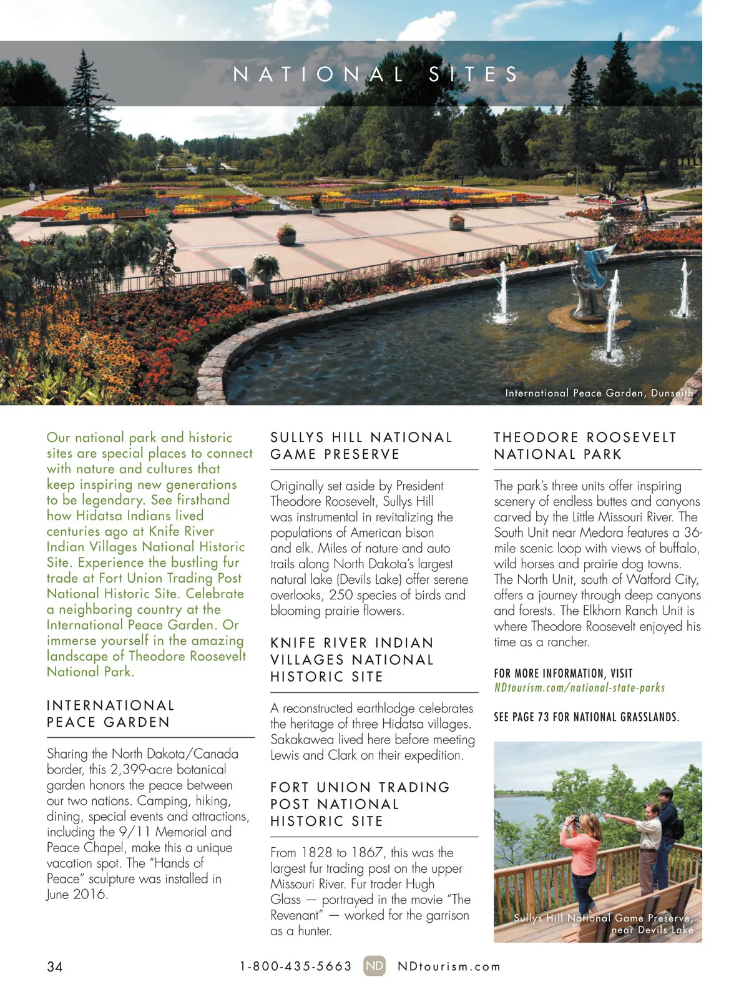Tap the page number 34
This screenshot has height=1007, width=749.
(55, 966)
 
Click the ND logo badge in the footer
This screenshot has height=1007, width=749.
(374, 966)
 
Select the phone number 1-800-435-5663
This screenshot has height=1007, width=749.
(296, 966)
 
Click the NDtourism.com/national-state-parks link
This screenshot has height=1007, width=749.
(579, 687)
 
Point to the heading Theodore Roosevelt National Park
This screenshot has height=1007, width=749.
(585, 446)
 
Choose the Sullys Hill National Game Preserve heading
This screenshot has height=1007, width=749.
(361, 446)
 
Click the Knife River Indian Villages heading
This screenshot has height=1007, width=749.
(351, 659)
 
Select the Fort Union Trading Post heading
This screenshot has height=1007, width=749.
(360, 804)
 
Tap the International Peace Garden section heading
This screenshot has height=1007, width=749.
(110, 714)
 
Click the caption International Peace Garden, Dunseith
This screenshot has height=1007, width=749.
(599, 393)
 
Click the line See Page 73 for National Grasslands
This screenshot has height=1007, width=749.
(586, 717)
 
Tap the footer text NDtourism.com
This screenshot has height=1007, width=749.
(449, 966)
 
